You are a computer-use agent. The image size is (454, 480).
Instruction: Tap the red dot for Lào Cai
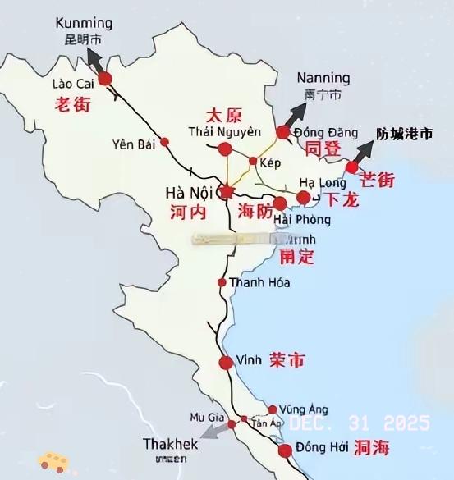pyautogui.click(x=105, y=79)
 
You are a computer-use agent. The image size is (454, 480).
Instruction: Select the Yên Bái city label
pyautogui.click(x=133, y=144)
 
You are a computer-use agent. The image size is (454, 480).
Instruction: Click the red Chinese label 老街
pyautogui.click(x=71, y=104)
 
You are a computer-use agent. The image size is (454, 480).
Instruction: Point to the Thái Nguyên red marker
pyautogui.click(x=223, y=149)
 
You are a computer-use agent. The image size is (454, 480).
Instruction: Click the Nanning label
pyautogui.click(x=323, y=78)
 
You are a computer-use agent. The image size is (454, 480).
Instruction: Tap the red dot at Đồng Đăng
pyautogui.click(x=283, y=132)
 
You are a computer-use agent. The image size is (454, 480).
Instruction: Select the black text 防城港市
pyautogui.click(x=403, y=133)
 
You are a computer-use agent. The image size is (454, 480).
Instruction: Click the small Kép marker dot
pyautogui.click(x=253, y=161)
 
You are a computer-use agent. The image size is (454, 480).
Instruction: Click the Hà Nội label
pyautogui.click(x=190, y=193)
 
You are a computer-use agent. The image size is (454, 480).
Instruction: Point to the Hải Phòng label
pyautogui.click(x=302, y=220)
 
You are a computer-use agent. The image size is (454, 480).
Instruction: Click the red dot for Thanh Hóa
pyautogui.click(x=222, y=282)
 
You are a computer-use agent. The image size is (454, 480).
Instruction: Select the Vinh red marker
pyautogui.click(x=226, y=363)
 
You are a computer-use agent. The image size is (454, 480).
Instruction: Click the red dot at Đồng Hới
pyautogui.click(x=285, y=450)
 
